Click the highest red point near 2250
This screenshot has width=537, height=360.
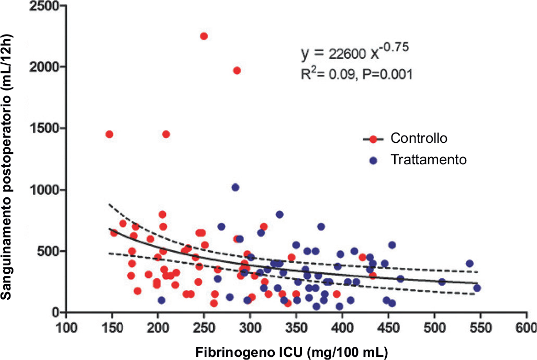(x=204, y=36)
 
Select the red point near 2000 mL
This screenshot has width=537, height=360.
(x=237, y=71)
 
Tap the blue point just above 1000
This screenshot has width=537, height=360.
(x=236, y=187)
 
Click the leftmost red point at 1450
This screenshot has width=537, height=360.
(x=109, y=134)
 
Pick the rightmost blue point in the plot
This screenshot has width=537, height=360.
(x=477, y=288)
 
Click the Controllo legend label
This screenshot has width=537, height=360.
(x=419, y=139)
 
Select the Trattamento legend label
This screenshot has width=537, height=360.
(x=428, y=160)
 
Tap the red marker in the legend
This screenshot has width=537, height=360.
(x=373, y=139)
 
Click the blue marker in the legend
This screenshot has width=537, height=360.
(x=373, y=160)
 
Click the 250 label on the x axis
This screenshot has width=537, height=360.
(x=204, y=327)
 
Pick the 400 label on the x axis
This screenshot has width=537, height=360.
(x=342, y=327)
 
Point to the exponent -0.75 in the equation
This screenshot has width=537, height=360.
(x=394, y=47)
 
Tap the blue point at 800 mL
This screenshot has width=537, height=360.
(x=279, y=215)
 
